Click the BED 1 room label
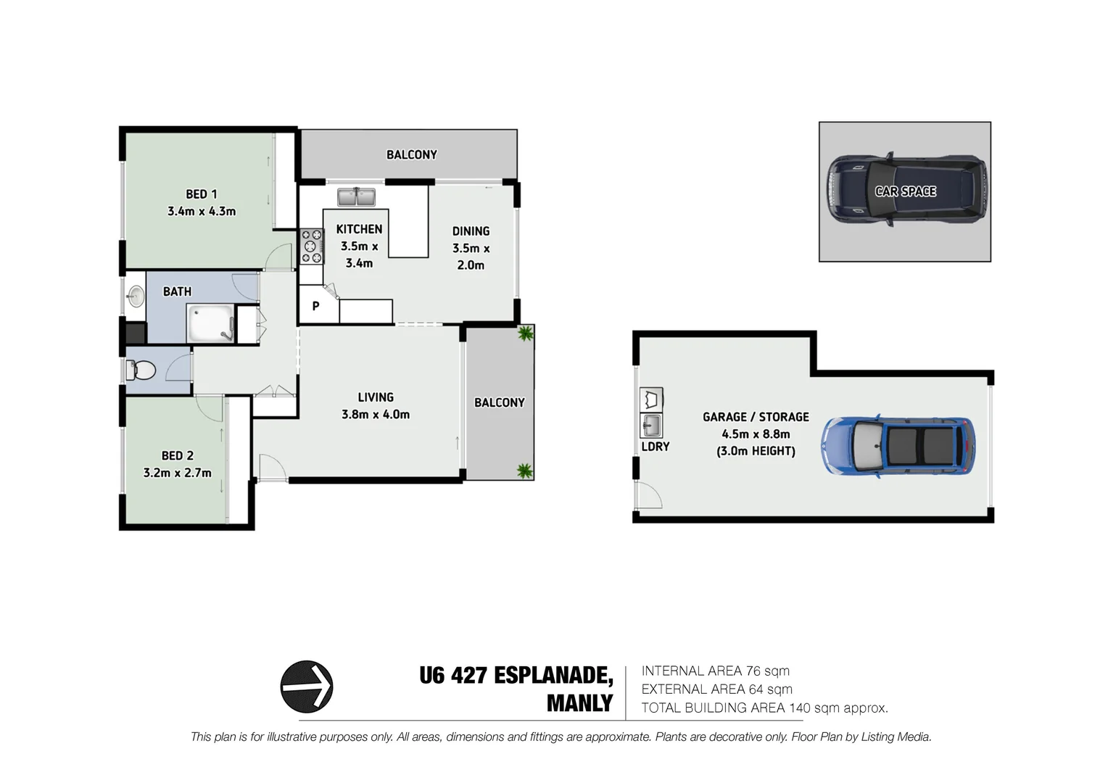[x=201, y=194]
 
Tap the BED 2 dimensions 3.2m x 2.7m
[x=177, y=473]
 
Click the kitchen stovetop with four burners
[x=312, y=246]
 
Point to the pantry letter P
[x=315, y=306]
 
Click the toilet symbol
[x=141, y=370]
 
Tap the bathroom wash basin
[x=136, y=295]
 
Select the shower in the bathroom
[x=210, y=323]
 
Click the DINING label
[x=471, y=231]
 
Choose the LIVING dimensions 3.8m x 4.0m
[x=376, y=415]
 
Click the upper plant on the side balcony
[x=524, y=333]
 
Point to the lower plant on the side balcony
[x=524, y=471]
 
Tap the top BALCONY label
[x=411, y=154]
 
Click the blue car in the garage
[x=897, y=446]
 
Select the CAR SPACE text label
[x=905, y=191]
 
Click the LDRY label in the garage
[x=655, y=447]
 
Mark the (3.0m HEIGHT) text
[x=756, y=451]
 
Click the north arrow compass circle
[x=307, y=686]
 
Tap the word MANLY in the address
[x=579, y=703]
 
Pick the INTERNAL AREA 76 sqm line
[x=715, y=671]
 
